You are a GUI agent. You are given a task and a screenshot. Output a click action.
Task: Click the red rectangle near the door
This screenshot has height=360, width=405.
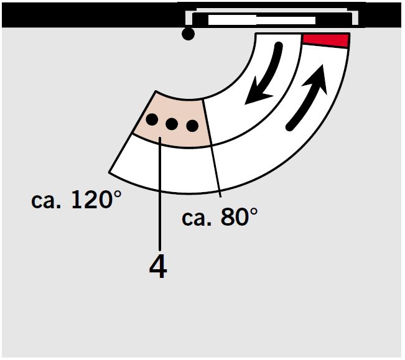tap(327, 40)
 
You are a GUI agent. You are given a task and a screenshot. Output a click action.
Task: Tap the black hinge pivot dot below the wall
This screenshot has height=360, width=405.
tap(188, 34)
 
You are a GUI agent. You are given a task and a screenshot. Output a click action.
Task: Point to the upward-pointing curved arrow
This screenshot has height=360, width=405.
tap(307, 98)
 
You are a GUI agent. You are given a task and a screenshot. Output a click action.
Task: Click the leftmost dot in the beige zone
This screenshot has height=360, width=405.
tap(152, 119)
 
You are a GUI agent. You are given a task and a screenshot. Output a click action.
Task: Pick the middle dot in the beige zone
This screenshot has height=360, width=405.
tap(172, 124)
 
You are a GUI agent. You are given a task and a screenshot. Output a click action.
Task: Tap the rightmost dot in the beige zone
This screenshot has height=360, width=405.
tap(192, 126)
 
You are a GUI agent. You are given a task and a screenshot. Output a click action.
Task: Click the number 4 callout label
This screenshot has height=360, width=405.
tap(158, 268)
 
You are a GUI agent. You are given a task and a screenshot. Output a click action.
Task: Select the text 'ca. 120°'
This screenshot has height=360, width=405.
tap(76, 199)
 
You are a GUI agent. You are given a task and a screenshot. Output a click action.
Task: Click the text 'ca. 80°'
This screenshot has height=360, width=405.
tap(220, 217)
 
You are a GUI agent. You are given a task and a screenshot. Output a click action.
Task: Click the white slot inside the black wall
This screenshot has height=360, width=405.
tap(262, 21)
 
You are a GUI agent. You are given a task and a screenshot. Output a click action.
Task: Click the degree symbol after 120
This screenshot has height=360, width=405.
tap(117, 195)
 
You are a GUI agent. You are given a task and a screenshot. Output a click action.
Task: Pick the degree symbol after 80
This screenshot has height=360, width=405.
tap(253, 212)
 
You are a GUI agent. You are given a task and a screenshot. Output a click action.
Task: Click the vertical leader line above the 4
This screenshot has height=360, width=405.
tap(160, 193)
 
